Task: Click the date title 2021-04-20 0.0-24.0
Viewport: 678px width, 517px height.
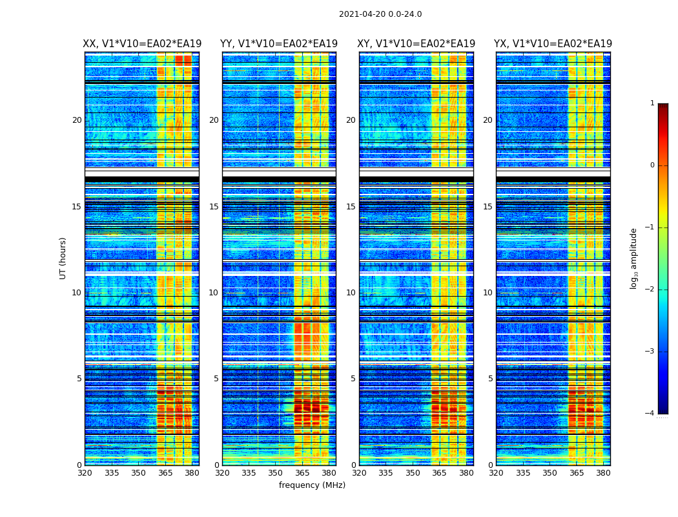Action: point(380,14)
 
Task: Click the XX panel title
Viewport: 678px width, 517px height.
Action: point(142,44)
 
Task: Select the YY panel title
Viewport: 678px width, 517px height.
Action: point(279,44)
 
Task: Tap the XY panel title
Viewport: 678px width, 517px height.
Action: point(416,44)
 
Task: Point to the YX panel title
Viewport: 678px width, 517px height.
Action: point(553,44)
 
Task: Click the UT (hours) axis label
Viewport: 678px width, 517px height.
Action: point(63,258)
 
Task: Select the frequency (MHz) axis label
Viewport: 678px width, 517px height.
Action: point(312,485)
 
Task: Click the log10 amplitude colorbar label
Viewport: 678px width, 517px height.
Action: point(634,258)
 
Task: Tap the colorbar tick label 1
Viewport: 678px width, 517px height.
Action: point(652,103)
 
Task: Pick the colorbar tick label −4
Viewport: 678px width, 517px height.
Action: point(650,414)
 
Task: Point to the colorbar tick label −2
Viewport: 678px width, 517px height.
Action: point(650,290)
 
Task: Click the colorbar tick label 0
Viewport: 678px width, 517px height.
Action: point(652,165)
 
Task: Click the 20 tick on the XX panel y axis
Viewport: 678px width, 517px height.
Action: point(77,120)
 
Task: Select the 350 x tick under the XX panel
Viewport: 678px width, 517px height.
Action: point(138,473)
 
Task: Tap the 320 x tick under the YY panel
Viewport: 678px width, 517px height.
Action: point(222,473)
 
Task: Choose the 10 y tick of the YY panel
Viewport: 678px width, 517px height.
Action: point(214,293)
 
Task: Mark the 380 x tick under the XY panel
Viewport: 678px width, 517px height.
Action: point(466,473)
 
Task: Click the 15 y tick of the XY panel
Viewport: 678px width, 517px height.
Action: point(351,207)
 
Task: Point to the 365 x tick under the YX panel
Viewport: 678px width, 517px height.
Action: point(576,473)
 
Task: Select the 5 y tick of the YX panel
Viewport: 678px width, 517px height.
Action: point(490,379)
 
